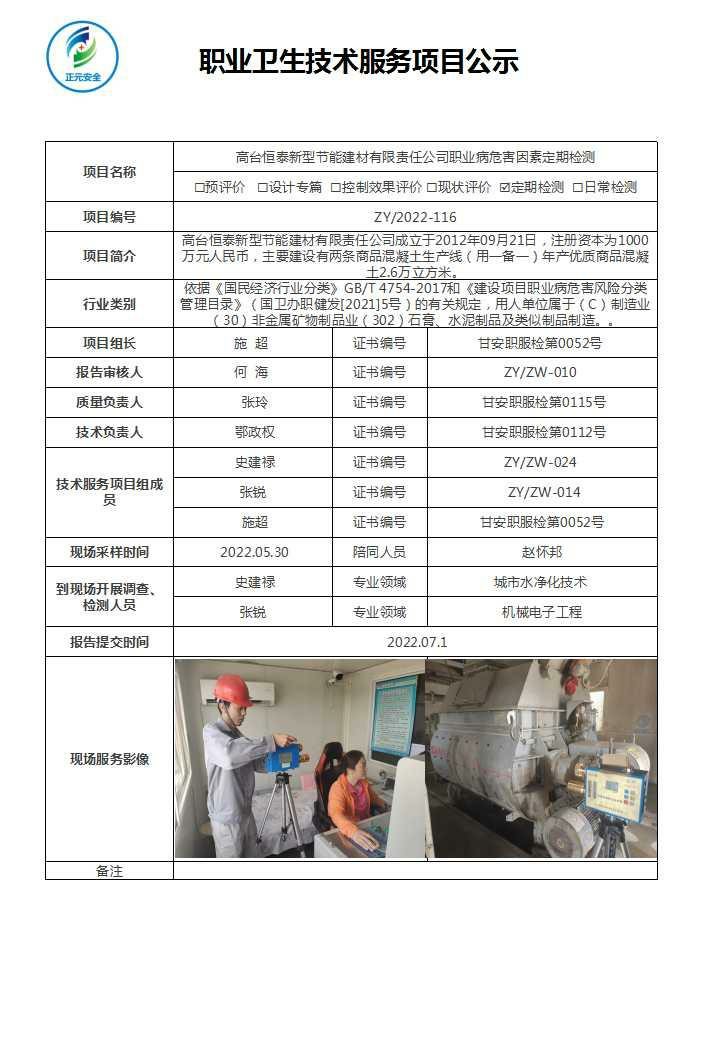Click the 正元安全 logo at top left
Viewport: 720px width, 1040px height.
(x=82, y=57)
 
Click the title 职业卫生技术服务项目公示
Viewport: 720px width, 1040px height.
(x=359, y=62)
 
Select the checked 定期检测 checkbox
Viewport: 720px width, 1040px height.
(x=505, y=187)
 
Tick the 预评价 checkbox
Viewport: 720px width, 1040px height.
(x=199, y=187)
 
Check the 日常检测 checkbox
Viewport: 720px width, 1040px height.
(x=577, y=187)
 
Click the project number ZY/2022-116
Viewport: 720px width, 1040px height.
(x=415, y=217)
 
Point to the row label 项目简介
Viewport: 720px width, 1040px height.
(x=109, y=256)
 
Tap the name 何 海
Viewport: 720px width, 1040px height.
(x=253, y=372)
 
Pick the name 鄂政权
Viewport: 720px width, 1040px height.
(x=253, y=432)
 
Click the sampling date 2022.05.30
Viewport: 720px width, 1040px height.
(x=253, y=552)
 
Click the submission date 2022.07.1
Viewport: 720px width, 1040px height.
(x=415, y=642)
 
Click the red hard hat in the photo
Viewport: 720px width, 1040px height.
(x=232, y=689)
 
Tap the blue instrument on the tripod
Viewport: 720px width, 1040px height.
(x=280, y=757)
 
